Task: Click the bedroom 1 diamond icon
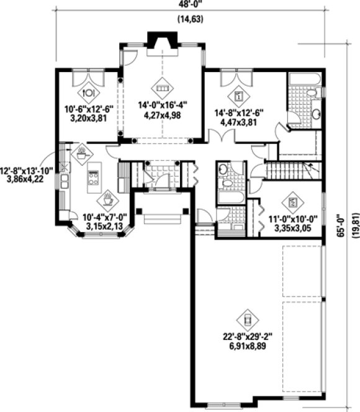[x=239, y=96]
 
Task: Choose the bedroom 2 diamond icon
[x=292, y=202]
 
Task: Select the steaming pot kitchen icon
[x=81, y=153]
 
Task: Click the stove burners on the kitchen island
[x=94, y=179]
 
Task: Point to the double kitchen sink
[x=65, y=181]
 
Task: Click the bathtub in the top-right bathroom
[x=304, y=79]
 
